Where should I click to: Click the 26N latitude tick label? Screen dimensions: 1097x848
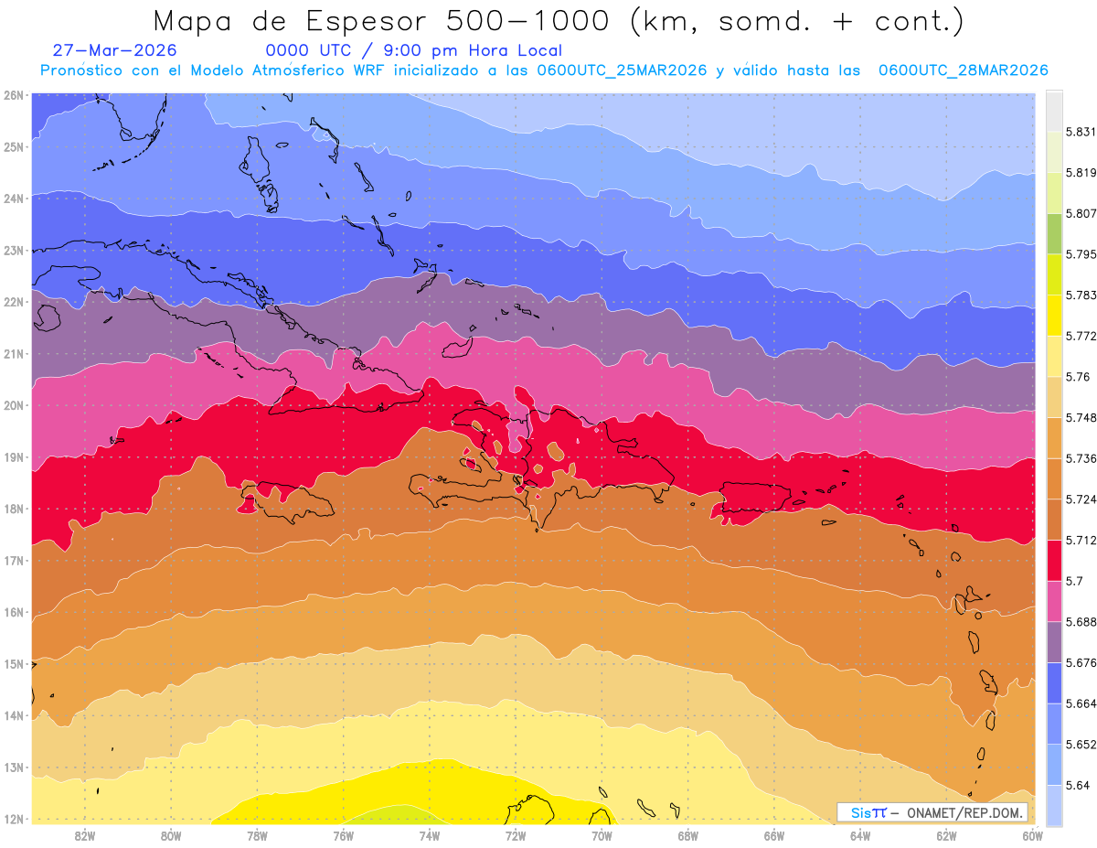point(13,95)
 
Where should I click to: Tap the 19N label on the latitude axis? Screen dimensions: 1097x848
point(13,457)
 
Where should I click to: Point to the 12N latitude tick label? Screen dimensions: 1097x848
point(13,820)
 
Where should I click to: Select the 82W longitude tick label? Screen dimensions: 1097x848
point(85,836)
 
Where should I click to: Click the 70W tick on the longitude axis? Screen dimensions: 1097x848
point(602,836)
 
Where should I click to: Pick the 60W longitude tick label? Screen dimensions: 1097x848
point(1032,836)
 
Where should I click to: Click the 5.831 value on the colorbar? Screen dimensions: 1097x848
point(1081,133)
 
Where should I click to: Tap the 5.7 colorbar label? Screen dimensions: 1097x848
point(1074,581)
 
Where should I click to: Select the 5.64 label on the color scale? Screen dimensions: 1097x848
point(1077,786)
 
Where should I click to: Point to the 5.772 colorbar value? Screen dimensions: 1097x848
point(1081,337)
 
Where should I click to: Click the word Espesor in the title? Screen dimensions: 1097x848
point(366,22)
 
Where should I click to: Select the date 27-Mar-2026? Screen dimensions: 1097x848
point(114,50)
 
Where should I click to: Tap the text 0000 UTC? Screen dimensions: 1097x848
point(308,50)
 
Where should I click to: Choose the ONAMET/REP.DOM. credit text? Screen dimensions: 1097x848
point(964,813)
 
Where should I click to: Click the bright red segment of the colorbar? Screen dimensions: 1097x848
point(1054,561)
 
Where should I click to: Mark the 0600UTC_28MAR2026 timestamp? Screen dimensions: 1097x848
point(964,70)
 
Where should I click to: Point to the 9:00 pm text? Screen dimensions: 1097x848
point(421,50)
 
